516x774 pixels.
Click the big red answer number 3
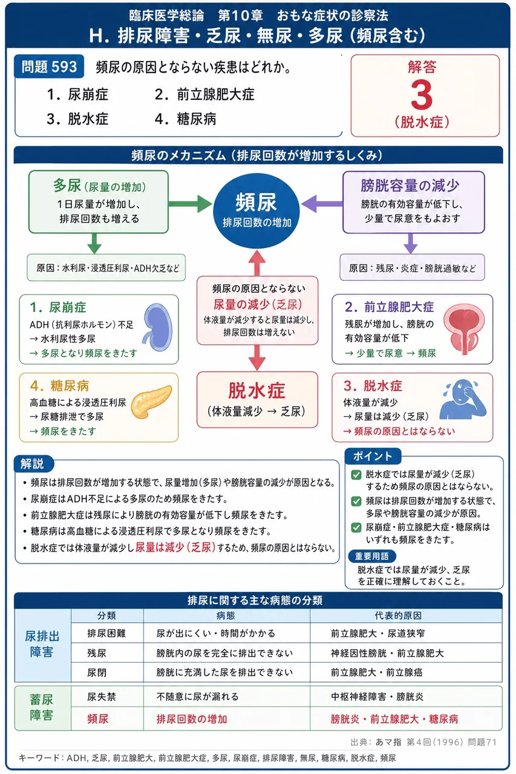[422, 94]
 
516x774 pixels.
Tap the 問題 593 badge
[49, 67]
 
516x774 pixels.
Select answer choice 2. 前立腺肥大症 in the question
[204, 94]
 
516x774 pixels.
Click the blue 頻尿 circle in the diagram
[256, 210]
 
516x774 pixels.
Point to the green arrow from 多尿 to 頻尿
[190, 204]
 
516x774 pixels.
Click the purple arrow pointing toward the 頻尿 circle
[322, 203]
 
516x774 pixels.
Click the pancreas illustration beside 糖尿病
[151, 402]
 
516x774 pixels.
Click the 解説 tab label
[32, 463]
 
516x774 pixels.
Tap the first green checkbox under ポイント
[356, 475]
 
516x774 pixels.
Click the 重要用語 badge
[372, 556]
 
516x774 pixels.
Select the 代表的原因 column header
[398, 616]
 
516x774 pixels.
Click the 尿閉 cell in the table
[97, 672]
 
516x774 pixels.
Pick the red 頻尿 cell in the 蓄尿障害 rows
[98, 719]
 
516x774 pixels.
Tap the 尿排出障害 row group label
[42, 644]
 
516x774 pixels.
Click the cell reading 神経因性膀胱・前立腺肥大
[387, 653]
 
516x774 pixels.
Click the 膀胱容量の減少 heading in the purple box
[410, 186]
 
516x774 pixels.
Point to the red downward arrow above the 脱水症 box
[257, 357]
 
